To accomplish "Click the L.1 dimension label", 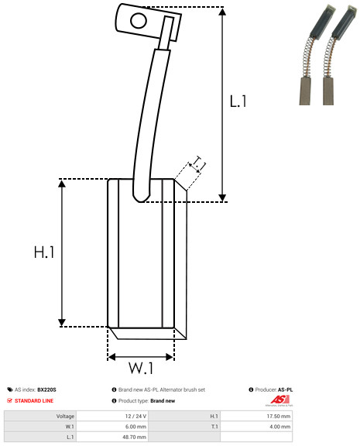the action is pos(238,101).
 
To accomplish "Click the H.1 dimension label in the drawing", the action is pos(44,252).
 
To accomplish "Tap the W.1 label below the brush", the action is pos(141,368).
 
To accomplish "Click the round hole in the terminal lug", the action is pos(139,20).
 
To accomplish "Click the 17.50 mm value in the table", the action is pos(279,416).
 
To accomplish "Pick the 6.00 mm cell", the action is pos(135,427).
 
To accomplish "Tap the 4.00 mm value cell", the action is pos(279,427).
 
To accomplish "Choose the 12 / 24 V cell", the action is pos(135,416).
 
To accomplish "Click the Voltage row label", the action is pos(65,416).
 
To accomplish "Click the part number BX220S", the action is pos(46,389).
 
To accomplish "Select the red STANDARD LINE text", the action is pos(34,401).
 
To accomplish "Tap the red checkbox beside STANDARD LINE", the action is pos(9,400).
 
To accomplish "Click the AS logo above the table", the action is pos(279,400).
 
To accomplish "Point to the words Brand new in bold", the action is pos(163,401).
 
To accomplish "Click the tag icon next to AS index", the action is pos(10,389).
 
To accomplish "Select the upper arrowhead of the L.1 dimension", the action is pos(222,12).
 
